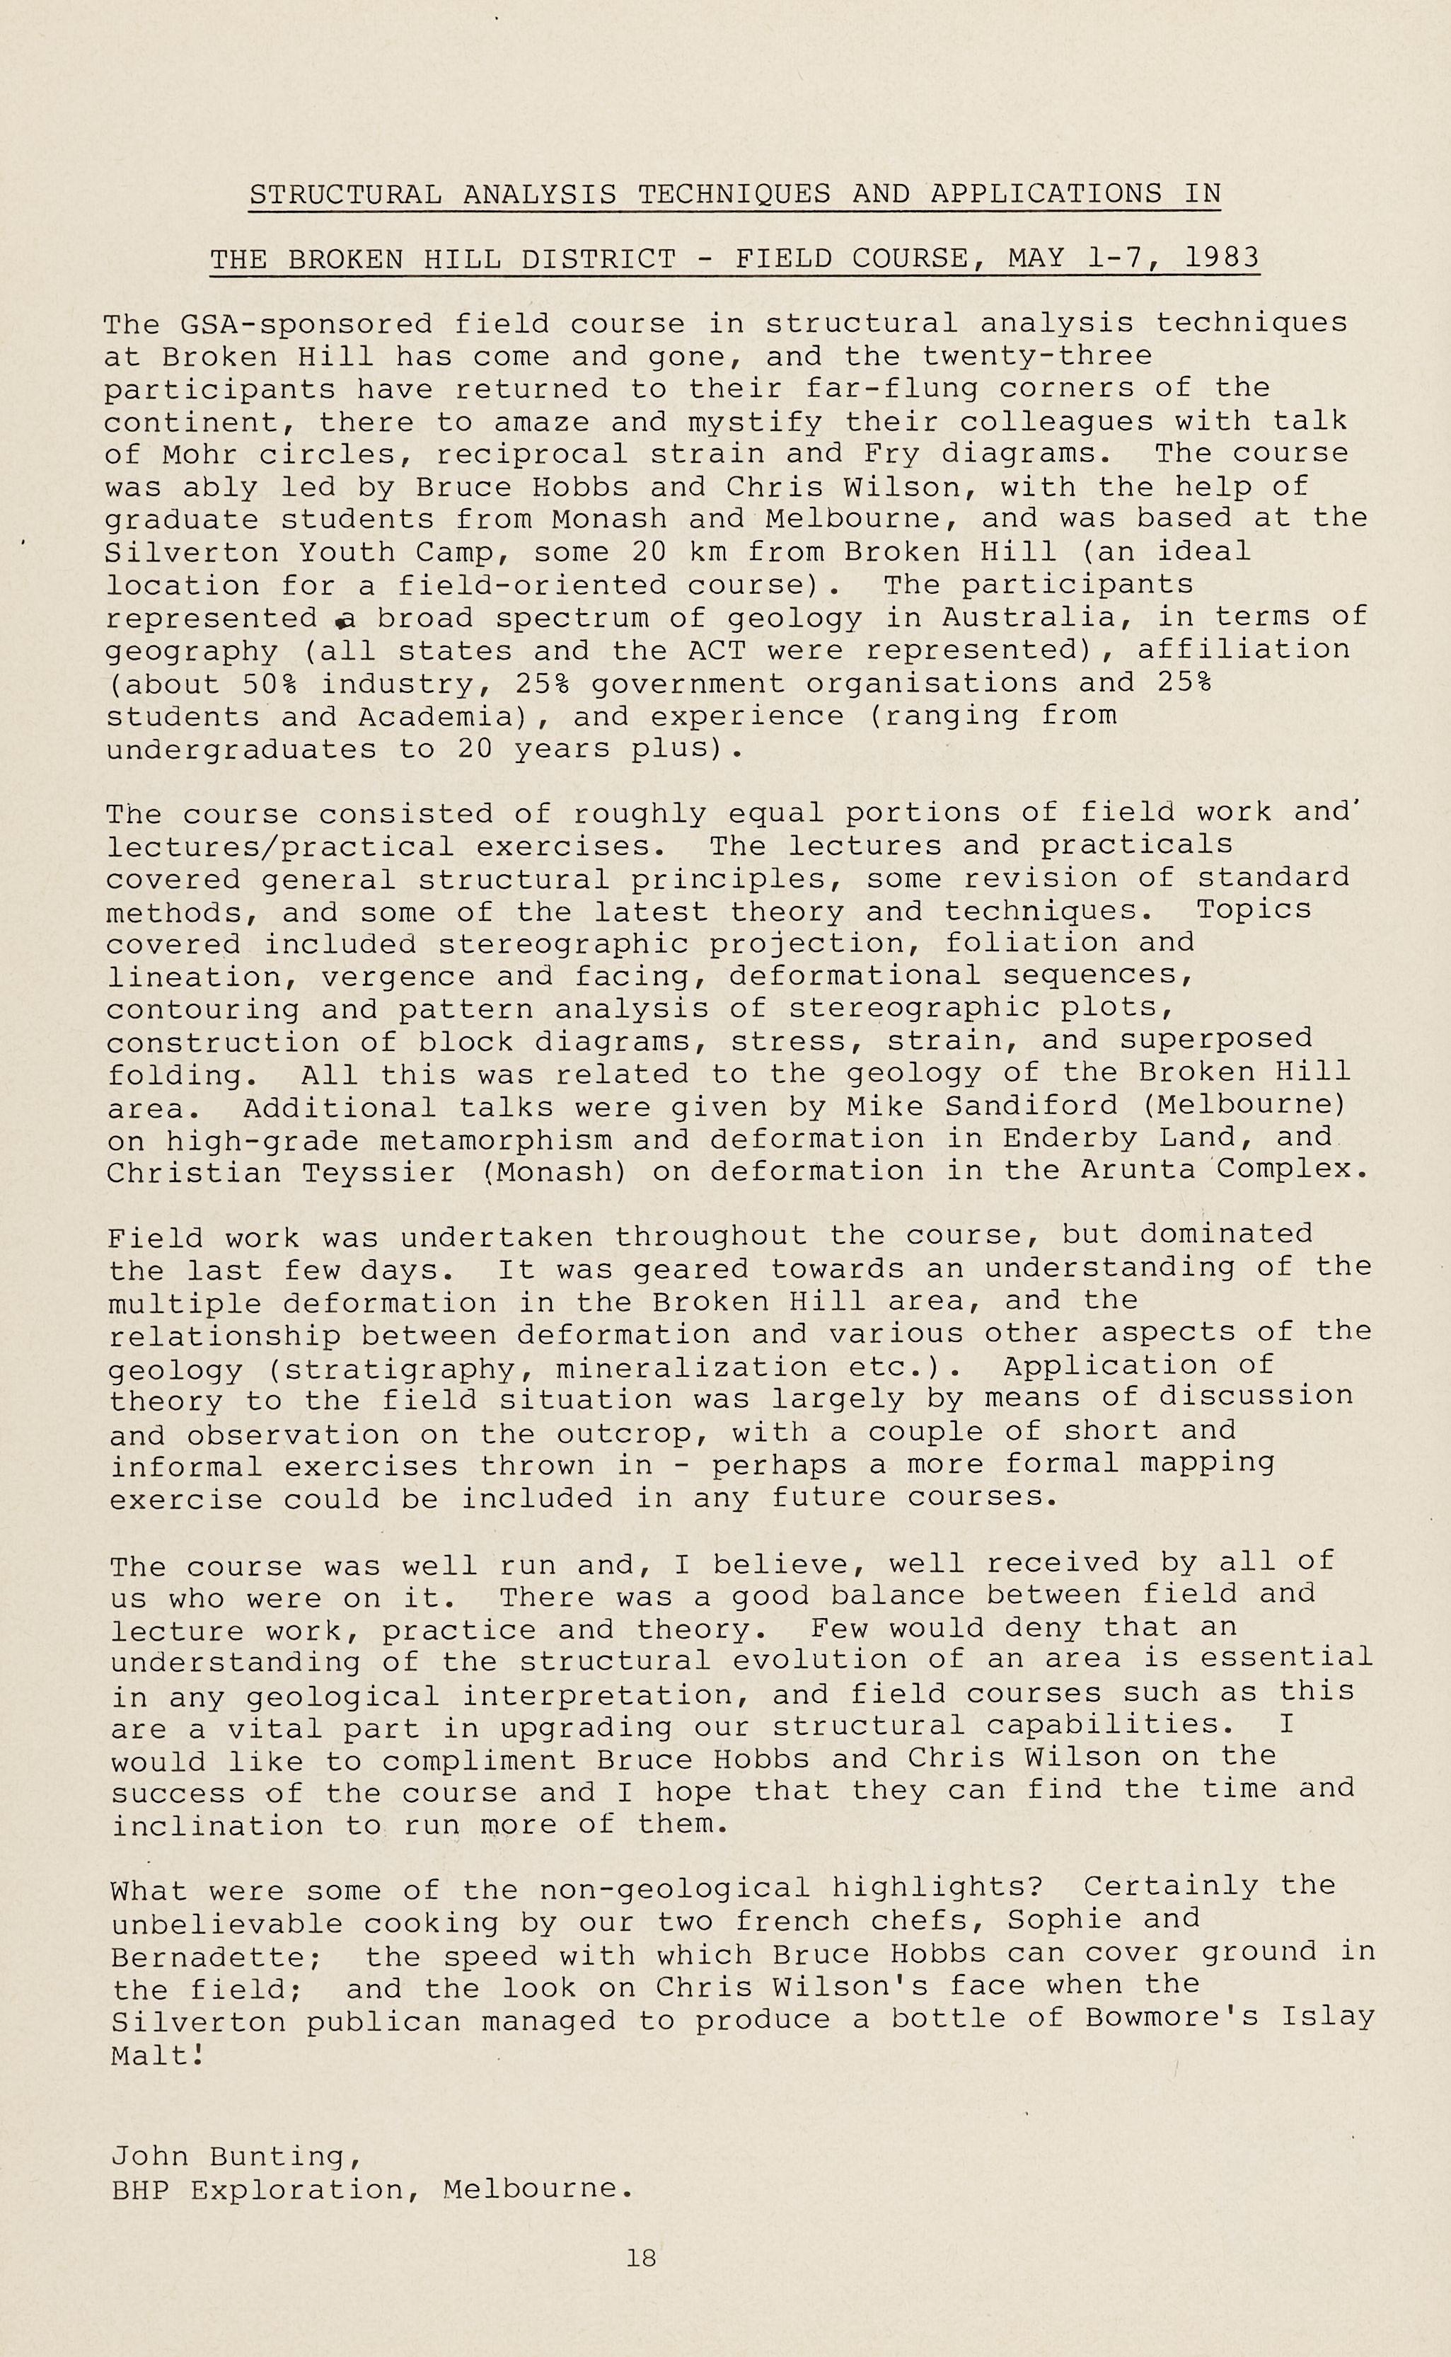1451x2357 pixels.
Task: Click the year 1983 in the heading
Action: tap(1222, 258)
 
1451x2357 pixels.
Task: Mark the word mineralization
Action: tap(691, 1366)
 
